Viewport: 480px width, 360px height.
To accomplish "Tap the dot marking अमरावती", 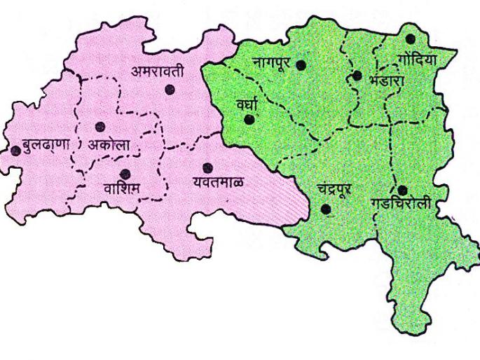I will tap(170, 90).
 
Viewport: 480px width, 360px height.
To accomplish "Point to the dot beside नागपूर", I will tap(301, 65).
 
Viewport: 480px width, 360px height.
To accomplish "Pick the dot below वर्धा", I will tap(248, 120).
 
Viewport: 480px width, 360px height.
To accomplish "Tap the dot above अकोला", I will tap(100, 127).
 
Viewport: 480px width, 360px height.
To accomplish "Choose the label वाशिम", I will tap(121, 188).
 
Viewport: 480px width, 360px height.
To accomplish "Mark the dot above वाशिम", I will tap(125, 174).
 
